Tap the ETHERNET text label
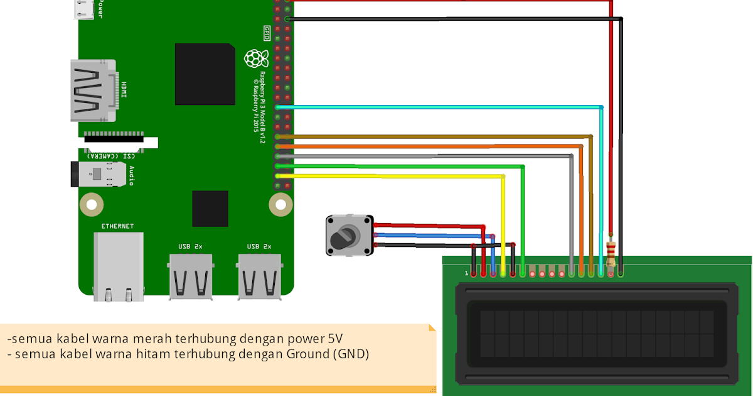click(x=117, y=226)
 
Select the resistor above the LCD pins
click(x=611, y=251)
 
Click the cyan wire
click(x=439, y=107)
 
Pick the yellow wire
click(x=389, y=176)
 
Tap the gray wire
click(x=427, y=155)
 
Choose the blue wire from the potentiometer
click(x=433, y=236)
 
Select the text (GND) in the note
click(x=351, y=354)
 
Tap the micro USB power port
click(x=84, y=9)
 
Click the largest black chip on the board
click(x=205, y=74)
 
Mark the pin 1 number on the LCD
click(x=466, y=273)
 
